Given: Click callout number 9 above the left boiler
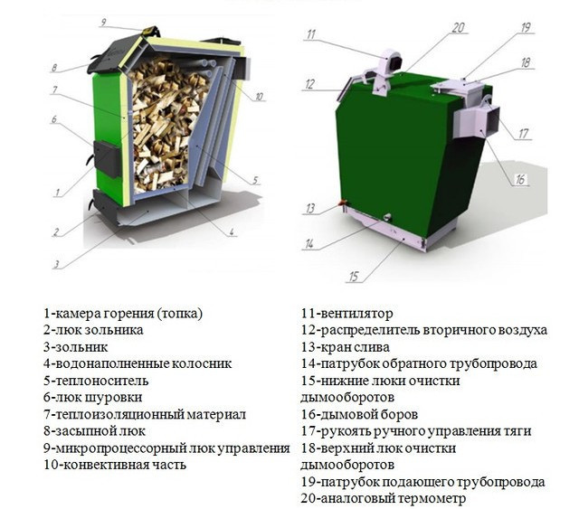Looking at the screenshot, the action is [103, 23].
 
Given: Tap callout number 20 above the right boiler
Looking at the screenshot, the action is [458, 28].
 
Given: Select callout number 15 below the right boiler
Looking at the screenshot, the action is [354, 276].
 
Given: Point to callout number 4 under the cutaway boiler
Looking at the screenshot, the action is [232, 231].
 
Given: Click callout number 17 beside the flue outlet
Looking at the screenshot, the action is [523, 133].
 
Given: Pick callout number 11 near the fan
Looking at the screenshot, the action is [311, 34].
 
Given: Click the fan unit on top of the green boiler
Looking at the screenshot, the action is [386, 71].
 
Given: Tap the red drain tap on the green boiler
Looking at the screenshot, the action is [342, 203].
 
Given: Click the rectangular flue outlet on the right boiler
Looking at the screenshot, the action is [477, 120].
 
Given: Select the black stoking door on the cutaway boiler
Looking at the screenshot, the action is [107, 158].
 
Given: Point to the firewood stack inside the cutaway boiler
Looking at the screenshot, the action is [168, 126].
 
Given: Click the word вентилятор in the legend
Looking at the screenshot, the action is [356, 314].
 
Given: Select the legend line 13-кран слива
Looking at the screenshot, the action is [346, 347].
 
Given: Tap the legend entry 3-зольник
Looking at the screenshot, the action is [76, 347].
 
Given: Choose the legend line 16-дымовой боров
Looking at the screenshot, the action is [360, 414].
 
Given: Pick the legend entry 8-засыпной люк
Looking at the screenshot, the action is [94, 431].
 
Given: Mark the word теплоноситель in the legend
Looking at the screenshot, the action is [101, 381].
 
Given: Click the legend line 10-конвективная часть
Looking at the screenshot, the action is [115, 465].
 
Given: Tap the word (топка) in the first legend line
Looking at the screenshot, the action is [179, 314].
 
